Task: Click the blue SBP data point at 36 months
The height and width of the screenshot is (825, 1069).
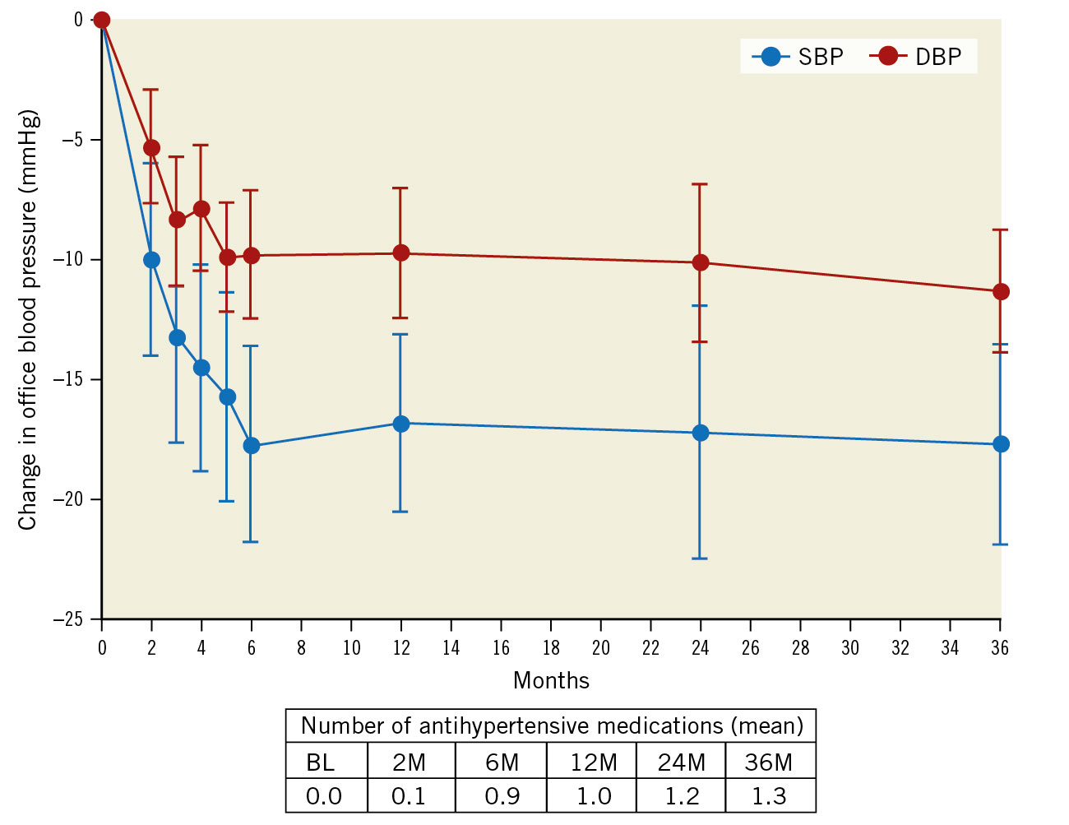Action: coord(1001,444)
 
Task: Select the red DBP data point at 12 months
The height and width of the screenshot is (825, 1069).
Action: coord(401,253)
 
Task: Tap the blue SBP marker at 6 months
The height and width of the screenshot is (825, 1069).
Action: coord(252,446)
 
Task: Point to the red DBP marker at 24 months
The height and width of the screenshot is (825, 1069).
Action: coord(701,263)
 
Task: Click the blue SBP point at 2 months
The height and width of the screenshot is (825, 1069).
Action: coord(152,260)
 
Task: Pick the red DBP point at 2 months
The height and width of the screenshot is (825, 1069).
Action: coord(152,148)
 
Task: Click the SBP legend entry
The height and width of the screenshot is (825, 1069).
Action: coord(798,57)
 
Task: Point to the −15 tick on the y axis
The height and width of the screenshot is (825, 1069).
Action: coord(72,379)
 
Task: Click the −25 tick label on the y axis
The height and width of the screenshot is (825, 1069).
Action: coord(72,619)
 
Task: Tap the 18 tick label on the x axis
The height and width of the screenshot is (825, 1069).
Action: coord(551,648)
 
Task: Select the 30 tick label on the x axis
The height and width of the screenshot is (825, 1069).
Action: coord(850,648)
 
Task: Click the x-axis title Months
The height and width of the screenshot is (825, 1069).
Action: coord(551,681)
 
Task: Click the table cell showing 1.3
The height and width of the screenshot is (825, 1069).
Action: coord(769,796)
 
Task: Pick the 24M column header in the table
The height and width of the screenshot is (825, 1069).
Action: coord(681,762)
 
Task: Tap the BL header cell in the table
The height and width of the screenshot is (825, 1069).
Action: coord(322,762)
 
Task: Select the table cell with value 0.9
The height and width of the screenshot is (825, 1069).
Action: coord(502,796)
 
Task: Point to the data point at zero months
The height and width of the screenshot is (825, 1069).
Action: coord(102,20)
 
